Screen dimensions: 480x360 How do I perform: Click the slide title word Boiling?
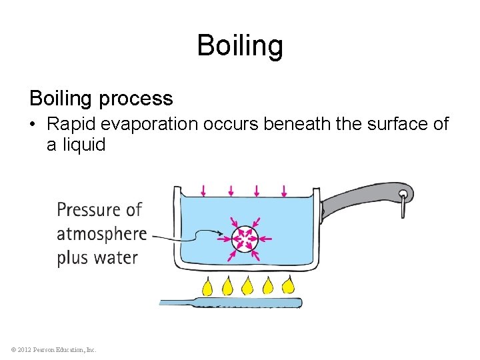click(x=240, y=46)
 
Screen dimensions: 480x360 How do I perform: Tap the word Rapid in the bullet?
click(x=69, y=125)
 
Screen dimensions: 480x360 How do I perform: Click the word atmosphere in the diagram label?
click(x=101, y=235)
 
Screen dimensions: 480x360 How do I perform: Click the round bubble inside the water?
click(x=245, y=237)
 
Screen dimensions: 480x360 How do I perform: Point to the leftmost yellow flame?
click(x=207, y=286)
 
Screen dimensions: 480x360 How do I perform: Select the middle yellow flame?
click(x=247, y=285)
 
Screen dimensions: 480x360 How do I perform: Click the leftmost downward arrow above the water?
click(x=203, y=191)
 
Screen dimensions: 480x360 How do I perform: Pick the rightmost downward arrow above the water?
click(x=285, y=191)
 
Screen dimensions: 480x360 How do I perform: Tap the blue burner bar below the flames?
click(x=230, y=303)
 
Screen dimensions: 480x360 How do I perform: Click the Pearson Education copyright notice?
click(x=54, y=349)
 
